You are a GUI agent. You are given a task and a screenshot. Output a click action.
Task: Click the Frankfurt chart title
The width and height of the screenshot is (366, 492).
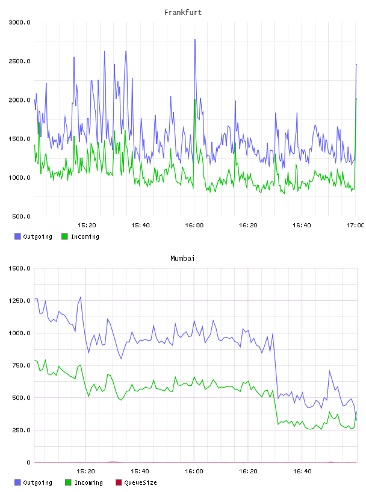coord(183,13)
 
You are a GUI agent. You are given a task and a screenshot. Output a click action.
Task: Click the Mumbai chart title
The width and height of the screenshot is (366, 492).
coord(182,259)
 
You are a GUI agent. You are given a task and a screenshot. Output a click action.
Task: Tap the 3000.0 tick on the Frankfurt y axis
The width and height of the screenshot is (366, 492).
coord(19,22)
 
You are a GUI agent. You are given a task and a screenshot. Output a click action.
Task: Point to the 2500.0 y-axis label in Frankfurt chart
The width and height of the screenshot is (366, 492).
coord(19,61)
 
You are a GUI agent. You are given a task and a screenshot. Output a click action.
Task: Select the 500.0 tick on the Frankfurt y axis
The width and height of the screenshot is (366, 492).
coord(21,216)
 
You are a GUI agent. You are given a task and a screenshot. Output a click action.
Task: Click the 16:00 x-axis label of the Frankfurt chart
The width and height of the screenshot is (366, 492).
coord(194,225)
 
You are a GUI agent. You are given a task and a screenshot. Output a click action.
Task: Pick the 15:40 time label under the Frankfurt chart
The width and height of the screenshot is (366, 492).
coord(140,225)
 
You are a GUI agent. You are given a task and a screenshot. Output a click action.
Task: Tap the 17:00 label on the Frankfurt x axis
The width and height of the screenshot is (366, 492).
coord(355,225)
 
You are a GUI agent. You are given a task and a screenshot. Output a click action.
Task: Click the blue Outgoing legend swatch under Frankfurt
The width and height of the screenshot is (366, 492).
coord(17,236)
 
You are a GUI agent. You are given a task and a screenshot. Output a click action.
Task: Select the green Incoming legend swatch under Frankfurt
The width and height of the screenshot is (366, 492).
coord(64,236)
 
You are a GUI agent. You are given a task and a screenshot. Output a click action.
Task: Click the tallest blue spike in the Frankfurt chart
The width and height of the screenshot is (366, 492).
coord(195,40)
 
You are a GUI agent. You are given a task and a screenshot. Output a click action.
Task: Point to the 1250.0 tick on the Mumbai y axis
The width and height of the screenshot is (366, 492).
coord(19,301)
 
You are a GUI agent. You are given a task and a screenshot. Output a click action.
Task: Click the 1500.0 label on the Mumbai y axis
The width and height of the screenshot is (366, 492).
coord(19,268)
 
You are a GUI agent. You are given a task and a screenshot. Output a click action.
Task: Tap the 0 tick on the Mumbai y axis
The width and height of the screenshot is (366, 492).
coord(28,462)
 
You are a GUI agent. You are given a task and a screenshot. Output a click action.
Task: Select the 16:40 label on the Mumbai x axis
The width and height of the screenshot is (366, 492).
coord(302,471)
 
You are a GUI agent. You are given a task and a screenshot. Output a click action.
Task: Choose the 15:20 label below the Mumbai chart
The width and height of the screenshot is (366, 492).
coord(85,471)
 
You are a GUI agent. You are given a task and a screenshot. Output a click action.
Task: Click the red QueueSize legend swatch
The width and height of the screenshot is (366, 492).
coord(119,482)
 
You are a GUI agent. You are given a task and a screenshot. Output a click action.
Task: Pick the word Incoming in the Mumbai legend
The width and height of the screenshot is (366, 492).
coord(88,483)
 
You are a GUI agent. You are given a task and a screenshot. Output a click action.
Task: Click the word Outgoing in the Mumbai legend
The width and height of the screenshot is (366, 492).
coord(37,483)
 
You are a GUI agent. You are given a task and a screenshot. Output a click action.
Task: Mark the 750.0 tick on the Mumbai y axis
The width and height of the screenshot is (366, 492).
coord(21,365)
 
